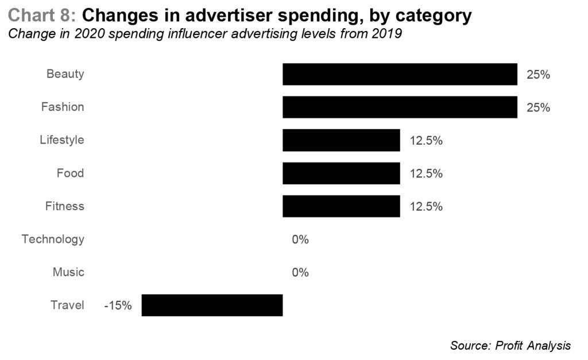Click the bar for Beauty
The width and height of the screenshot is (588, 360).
point(400,74)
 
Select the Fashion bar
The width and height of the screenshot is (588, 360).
point(400,107)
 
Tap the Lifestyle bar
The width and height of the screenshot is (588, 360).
point(341,140)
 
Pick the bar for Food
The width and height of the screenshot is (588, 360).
point(341,173)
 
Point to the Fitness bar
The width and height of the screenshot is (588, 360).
point(341,206)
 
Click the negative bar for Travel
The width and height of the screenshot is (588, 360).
point(212,305)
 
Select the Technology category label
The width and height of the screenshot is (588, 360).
point(53,239)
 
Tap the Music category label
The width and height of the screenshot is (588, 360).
point(68,272)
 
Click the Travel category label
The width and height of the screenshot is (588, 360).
point(67,305)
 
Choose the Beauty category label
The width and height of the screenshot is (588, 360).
point(65,74)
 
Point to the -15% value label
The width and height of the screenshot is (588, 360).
point(118,305)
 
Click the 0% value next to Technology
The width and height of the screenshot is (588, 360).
point(300,239)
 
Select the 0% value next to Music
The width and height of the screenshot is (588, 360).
point(300,272)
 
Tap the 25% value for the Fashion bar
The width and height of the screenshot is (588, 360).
point(538,107)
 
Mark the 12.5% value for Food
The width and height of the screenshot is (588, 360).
point(426,173)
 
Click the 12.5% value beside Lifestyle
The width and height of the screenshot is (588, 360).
point(426,141)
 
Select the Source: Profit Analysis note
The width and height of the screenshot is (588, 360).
point(510,345)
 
